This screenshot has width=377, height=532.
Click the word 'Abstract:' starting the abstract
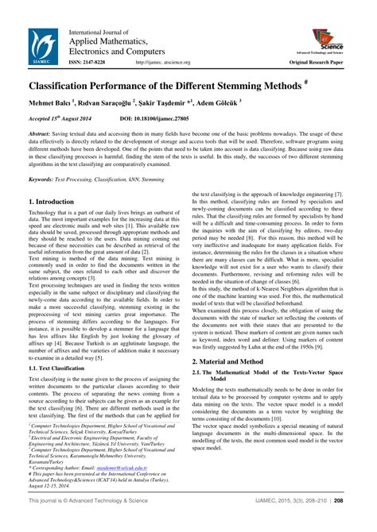pyautogui.click(x=42, y=134)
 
